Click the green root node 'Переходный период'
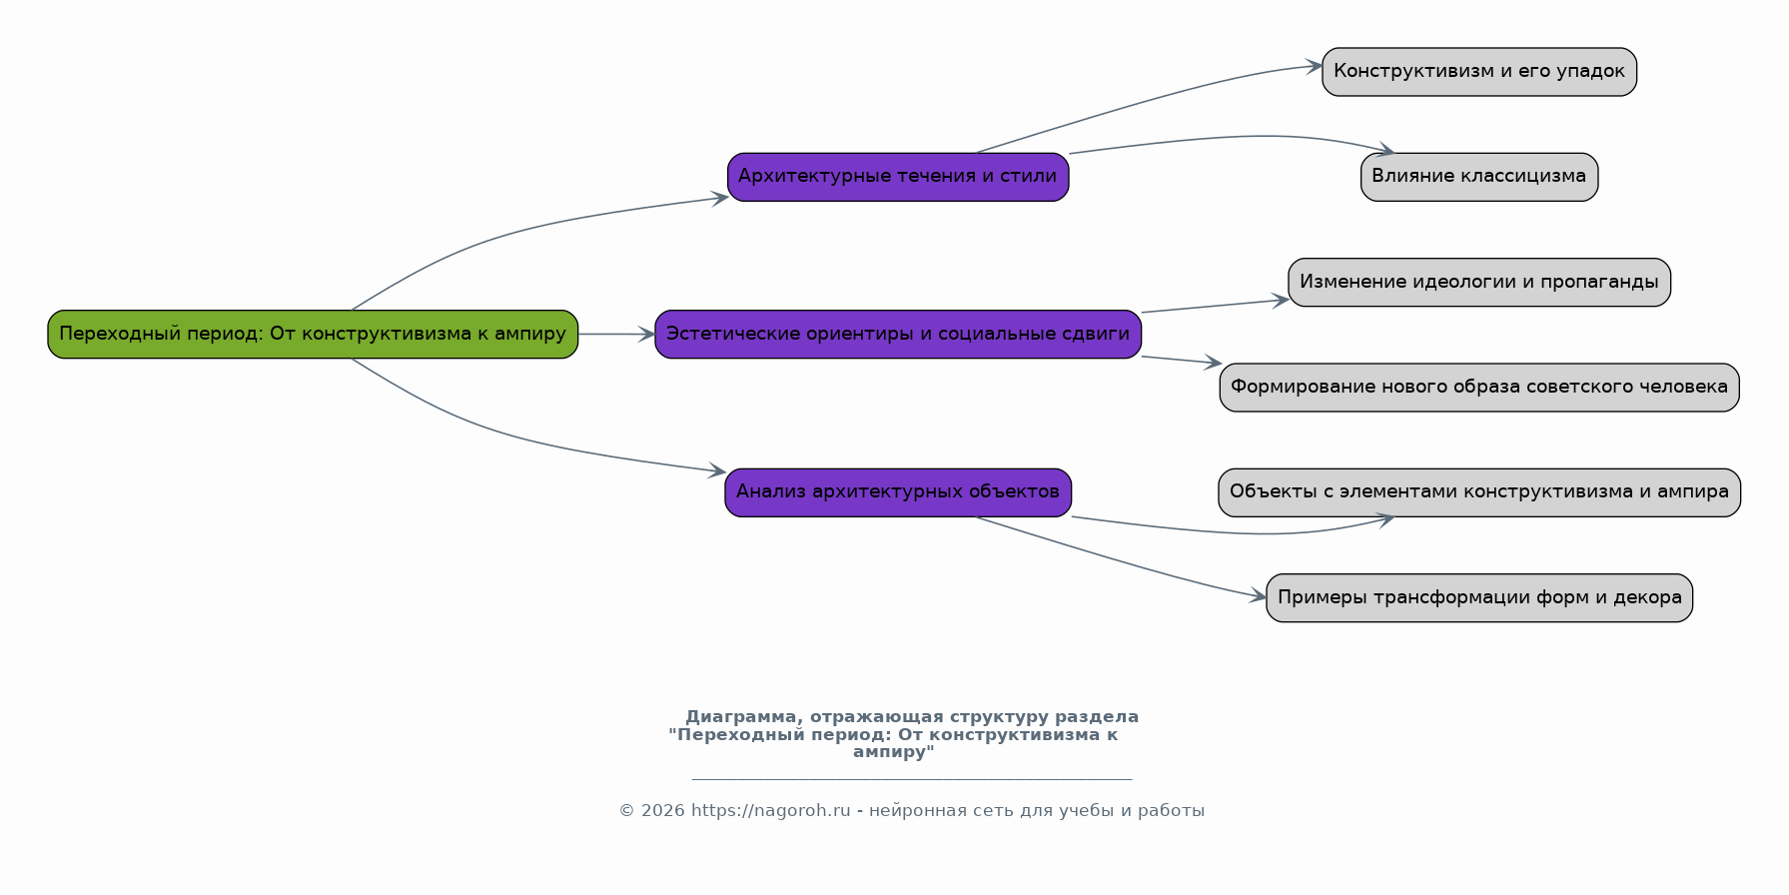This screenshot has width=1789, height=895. (313, 334)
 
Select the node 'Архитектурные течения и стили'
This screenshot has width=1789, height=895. (898, 177)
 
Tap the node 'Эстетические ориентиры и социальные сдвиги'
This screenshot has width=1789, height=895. (898, 334)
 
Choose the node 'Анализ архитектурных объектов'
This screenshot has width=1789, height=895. (898, 492)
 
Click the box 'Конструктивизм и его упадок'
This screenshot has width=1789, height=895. (1479, 72)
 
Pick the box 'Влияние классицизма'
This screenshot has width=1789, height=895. (1479, 177)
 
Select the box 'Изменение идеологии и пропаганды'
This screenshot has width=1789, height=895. (1479, 282)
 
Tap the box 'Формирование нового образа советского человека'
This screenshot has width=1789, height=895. (1479, 388)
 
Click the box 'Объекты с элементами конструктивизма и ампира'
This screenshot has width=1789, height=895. (1479, 492)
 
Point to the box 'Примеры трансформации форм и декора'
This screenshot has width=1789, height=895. (1479, 598)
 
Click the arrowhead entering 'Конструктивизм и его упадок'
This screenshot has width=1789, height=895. (1315, 66)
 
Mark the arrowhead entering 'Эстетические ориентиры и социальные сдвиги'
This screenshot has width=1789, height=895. (646, 335)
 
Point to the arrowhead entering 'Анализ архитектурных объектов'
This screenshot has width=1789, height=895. (717, 470)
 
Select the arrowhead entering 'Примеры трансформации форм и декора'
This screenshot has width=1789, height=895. (1259, 596)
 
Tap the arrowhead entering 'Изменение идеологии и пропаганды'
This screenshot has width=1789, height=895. (1281, 300)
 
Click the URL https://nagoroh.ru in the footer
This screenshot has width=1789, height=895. (771, 811)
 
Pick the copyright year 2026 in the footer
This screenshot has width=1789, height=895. (663, 811)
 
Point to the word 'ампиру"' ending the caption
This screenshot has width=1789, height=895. (894, 752)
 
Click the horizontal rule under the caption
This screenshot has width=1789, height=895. (912, 779)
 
